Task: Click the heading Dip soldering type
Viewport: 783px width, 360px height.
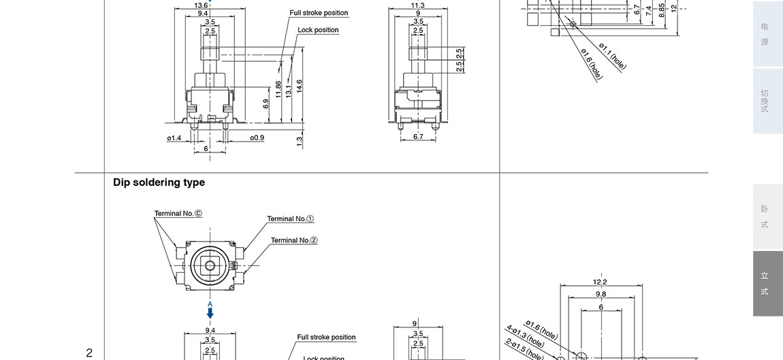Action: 159,182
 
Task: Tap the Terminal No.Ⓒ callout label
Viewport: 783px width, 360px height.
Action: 178,214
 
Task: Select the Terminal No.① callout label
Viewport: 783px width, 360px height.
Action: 290,219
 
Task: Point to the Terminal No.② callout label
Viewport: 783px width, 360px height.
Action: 294,240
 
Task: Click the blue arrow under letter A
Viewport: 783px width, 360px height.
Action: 210,313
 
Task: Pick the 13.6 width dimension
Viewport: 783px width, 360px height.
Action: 202,5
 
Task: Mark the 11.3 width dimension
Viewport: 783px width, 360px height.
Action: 417,5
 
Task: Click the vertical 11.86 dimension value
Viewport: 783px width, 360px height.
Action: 278,89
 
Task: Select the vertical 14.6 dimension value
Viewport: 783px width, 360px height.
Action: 300,86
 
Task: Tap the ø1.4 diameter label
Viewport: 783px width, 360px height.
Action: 174,138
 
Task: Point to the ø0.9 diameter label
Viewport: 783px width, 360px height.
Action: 257,138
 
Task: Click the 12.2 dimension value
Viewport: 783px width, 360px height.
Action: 600,282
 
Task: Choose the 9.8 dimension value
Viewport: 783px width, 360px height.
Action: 600,294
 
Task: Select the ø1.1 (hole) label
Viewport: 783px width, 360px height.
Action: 612,56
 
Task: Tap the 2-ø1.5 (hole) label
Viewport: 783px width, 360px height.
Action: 524,350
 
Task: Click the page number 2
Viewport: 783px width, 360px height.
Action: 89,353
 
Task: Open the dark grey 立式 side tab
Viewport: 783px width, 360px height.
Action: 767,284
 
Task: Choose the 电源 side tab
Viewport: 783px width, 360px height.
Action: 767,34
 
